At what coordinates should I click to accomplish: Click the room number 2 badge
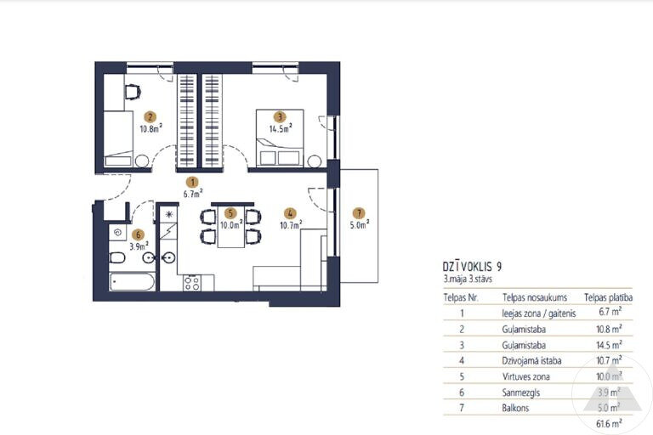[150, 117]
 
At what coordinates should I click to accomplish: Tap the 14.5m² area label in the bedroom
[281, 127]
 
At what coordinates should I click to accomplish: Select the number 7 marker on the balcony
[359, 213]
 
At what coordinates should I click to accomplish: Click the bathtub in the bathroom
[133, 282]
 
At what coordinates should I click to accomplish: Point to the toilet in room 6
[117, 258]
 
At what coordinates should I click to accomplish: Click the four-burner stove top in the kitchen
[192, 283]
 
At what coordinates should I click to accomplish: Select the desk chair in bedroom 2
[133, 92]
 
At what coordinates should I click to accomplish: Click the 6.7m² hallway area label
[193, 193]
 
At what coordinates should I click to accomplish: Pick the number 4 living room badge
[290, 213]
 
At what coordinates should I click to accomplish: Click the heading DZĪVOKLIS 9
[472, 267]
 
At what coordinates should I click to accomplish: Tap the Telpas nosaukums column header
[535, 297]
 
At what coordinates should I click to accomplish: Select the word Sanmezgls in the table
[521, 393]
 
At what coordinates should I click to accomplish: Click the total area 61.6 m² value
[609, 424]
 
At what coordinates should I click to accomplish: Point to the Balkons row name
[515, 408]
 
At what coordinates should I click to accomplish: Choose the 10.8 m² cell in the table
[609, 329]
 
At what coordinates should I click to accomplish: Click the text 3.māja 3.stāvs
[468, 279]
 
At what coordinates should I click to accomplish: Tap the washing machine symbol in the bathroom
[117, 233]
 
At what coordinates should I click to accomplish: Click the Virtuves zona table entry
[525, 376]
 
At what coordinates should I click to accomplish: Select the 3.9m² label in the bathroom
[139, 246]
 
